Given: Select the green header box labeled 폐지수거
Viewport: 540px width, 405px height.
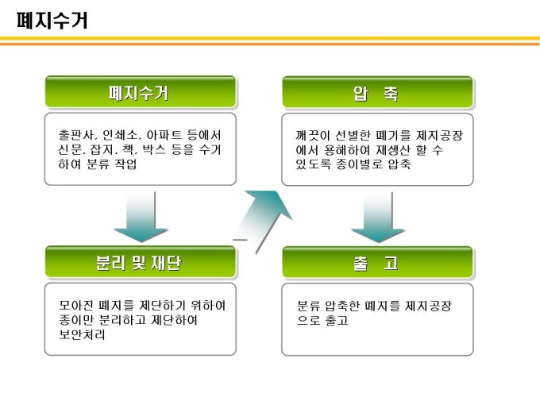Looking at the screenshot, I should (140, 92).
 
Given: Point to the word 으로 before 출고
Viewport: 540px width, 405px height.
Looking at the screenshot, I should (307, 320).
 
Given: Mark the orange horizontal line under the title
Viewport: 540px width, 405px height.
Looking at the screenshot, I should (270, 39).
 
